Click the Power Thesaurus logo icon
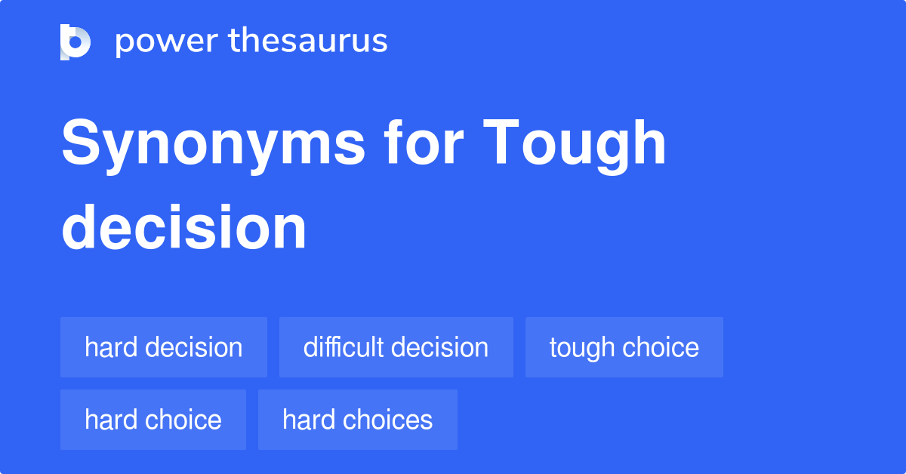coord(75,42)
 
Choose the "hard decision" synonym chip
coord(164,347)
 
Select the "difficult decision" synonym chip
coord(396,347)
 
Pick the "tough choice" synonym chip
coord(624,347)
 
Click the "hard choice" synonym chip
coord(153,420)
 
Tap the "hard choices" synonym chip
coord(358,420)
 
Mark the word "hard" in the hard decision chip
coord(111,347)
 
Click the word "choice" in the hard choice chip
coord(187,420)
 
